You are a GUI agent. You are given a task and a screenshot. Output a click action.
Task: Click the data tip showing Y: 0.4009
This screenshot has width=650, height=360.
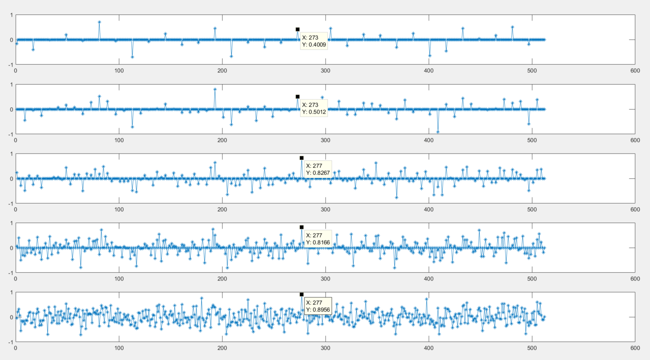coord(314,41)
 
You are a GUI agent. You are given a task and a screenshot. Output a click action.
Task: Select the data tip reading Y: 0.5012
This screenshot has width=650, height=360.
coord(314,108)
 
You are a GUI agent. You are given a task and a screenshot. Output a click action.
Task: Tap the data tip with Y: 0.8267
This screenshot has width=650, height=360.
coord(318,169)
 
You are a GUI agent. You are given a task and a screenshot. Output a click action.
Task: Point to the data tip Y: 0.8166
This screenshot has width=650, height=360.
coord(318,238)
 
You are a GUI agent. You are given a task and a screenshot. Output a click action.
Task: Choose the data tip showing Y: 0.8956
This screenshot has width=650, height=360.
coord(318,306)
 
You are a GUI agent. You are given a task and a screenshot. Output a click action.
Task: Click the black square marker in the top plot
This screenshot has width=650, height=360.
coord(298,29)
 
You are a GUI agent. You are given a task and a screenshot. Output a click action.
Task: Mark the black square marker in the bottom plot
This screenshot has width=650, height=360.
coord(301,294)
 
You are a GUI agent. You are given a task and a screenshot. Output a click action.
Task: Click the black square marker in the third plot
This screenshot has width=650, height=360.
coord(301,158)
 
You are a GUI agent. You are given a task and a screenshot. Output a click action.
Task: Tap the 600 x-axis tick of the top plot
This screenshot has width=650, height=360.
coord(635,71)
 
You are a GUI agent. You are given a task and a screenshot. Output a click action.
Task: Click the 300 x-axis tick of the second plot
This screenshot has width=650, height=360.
coord(326,140)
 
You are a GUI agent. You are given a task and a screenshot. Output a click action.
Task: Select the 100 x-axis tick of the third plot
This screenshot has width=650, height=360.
coord(119,210)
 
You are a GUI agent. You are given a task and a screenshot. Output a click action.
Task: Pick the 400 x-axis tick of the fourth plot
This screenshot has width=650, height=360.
coord(428,279)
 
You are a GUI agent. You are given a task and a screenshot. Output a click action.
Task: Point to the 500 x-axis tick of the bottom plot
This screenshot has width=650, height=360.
coord(532,348)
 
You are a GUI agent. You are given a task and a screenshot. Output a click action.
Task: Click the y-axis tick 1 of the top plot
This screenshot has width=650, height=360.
coord(11,15)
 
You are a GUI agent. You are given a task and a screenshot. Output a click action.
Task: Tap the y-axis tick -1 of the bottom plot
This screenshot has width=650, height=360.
coord(10,342)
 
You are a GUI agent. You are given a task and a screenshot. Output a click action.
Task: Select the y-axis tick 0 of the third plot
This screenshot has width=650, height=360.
coord(11,179)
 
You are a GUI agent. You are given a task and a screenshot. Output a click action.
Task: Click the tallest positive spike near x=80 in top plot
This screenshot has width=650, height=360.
coord(99,22)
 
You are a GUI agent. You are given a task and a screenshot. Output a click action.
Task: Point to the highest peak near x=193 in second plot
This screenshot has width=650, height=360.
coord(215,89)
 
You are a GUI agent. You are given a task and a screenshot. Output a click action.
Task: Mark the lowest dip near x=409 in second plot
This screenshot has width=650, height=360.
coord(438,132)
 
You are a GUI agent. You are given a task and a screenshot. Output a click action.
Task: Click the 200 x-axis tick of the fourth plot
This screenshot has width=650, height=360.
coord(222,279)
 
